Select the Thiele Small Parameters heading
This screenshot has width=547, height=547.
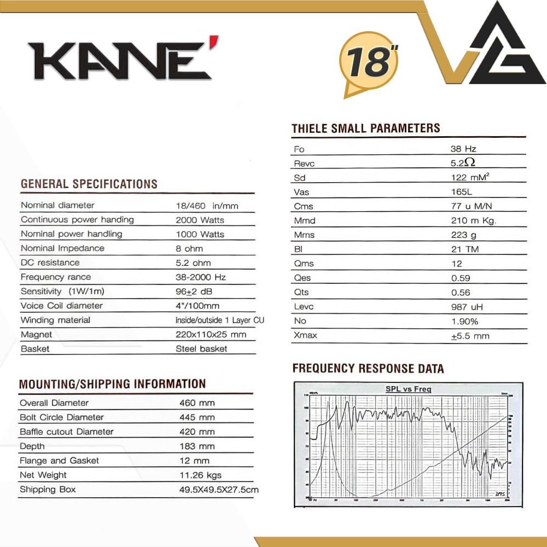click(x=366, y=129)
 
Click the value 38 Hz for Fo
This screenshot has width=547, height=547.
click(x=463, y=149)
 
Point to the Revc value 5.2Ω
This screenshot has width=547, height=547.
click(x=462, y=163)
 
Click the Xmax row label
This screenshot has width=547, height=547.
click(x=305, y=335)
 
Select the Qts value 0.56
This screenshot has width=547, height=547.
click(x=461, y=292)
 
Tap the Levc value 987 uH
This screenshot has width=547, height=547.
click(x=467, y=307)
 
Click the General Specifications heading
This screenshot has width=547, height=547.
click(x=89, y=184)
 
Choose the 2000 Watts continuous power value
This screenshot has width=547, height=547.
click(x=200, y=220)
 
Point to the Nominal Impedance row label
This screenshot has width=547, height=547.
click(x=62, y=248)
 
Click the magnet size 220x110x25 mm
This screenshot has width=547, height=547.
click(x=211, y=334)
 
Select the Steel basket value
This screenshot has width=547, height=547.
click(x=201, y=348)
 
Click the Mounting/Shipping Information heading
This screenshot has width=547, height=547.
click(x=112, y=384)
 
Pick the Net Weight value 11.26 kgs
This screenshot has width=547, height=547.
click(x=200, y=475)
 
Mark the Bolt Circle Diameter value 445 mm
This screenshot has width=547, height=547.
click(x=197, y=417)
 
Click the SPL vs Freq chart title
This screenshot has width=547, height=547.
click(x=408, y=389)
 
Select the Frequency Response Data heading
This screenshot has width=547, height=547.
click(x=368, y=368)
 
